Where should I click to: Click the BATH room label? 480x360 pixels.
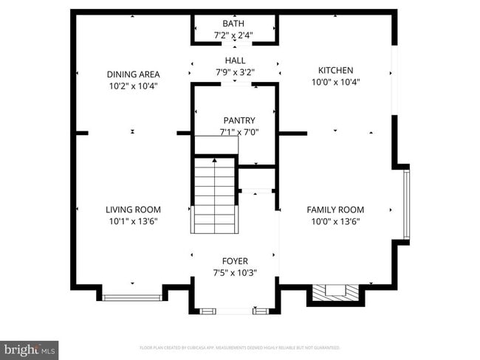(233, 24)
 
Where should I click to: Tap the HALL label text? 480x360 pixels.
(236, 60)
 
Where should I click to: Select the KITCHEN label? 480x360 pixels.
(335, 70)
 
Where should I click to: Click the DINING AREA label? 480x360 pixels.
(133, 75)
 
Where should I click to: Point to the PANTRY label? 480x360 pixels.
(239, 120)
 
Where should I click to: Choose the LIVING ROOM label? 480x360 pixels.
(133, 210)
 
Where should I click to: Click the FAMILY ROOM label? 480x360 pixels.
(335, 210)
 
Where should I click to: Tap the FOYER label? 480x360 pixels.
(236, 261)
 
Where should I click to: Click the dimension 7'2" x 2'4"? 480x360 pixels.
(233, 35)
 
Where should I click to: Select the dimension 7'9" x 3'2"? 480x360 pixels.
(236, 72)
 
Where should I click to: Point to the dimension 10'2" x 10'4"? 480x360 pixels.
(133, 86)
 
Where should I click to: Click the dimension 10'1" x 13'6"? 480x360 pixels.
(133, 221)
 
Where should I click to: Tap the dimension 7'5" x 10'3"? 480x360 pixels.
(236, 272)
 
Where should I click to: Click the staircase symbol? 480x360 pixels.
(214, 195)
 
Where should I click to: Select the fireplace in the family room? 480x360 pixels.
(336, 293)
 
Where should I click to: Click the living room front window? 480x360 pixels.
(132, 297)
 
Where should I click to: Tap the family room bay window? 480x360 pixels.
(405, 204)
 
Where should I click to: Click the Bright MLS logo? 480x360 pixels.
(30, 350)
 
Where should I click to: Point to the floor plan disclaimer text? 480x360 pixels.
(240, 347)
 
